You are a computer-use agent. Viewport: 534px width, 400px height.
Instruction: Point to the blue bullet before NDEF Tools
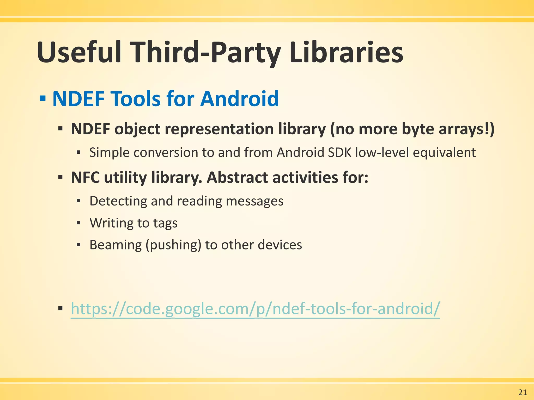pos(43,99)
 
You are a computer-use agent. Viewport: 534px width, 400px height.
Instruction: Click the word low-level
pos(382,153)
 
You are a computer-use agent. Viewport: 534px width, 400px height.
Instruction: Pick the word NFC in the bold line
pos(85,178)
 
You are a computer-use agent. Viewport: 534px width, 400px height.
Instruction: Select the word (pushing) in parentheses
pos(173,245)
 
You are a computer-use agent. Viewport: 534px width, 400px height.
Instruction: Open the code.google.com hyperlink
pos(255,309)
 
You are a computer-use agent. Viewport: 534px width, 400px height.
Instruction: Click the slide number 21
pos(523,392)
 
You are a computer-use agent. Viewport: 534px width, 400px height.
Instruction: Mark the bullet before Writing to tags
pos(79,223)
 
